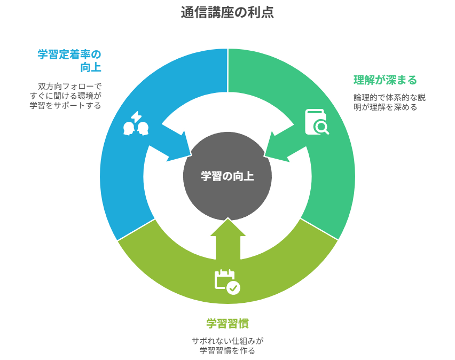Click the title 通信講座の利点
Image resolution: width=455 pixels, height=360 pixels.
point(227,12)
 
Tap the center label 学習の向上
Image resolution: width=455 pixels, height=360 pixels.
point(227,176)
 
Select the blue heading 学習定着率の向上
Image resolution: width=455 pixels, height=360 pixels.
point(69,61)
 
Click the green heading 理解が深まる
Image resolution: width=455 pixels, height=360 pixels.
point(385,80)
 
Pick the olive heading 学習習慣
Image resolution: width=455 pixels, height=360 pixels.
point(227,324)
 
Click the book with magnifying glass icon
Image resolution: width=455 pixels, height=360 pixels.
point(317,122)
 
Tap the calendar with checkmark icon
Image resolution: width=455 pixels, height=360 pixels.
point(227,282)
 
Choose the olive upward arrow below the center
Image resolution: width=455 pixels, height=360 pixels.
point(228,239)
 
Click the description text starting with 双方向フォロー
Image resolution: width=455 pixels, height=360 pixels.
point(66,96)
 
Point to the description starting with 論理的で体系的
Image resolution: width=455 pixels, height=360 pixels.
point(389,102)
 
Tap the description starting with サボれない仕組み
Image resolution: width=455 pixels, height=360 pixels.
point(227,346)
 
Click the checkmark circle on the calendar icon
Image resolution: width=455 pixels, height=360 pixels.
point(233,288)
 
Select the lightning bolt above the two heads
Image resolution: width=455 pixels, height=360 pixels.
point(136,117)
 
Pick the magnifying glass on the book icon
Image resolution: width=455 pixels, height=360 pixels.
point(321,127)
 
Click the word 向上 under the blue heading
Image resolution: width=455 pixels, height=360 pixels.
point(91,67)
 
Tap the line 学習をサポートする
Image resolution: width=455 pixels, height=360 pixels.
point(66,105)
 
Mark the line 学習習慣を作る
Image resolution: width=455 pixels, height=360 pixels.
point(227,350)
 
